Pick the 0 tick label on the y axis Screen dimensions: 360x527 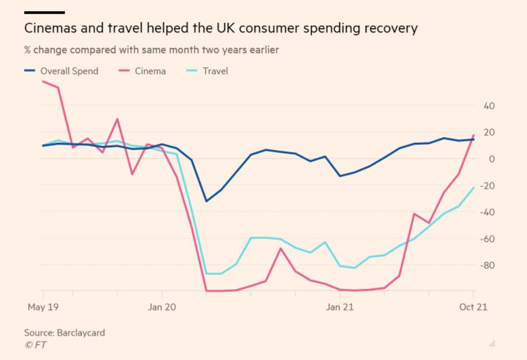click(x=491, y=159)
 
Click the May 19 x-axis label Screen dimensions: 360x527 click(x=43, y=308)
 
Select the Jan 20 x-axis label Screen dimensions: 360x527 click(x=162, y=308)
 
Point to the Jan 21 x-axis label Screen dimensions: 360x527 click(x=341, y=308)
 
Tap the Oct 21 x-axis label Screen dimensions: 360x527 click(x=473, y=308)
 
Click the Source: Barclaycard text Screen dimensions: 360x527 click(x=64, y=333)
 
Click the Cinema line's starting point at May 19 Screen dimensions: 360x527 click(x=43, y=81)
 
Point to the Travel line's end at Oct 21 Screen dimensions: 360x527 click(x=473, y=187)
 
